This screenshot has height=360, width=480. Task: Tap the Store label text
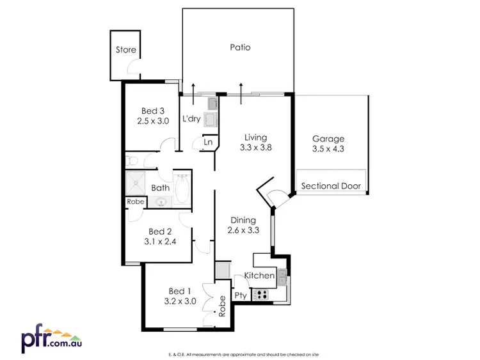point(125,50)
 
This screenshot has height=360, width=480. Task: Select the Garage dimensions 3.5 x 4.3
point(328,150)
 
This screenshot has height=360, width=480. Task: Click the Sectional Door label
point(331,187)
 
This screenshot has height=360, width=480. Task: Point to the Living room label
point(255,137)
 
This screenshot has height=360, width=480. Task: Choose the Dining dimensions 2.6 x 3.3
point(244,231)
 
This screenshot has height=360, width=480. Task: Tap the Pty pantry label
point(240,295)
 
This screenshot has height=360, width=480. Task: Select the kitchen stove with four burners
point(261,295)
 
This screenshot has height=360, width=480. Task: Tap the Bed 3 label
point(153,110)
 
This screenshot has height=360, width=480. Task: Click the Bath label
point(161,188)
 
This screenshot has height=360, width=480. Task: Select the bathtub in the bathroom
point(182,189)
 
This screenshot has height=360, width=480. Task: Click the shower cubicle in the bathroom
point(136,184)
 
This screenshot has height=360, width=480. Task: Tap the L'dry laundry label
point(192,119)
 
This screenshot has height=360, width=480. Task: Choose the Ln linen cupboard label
point(208,142)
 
